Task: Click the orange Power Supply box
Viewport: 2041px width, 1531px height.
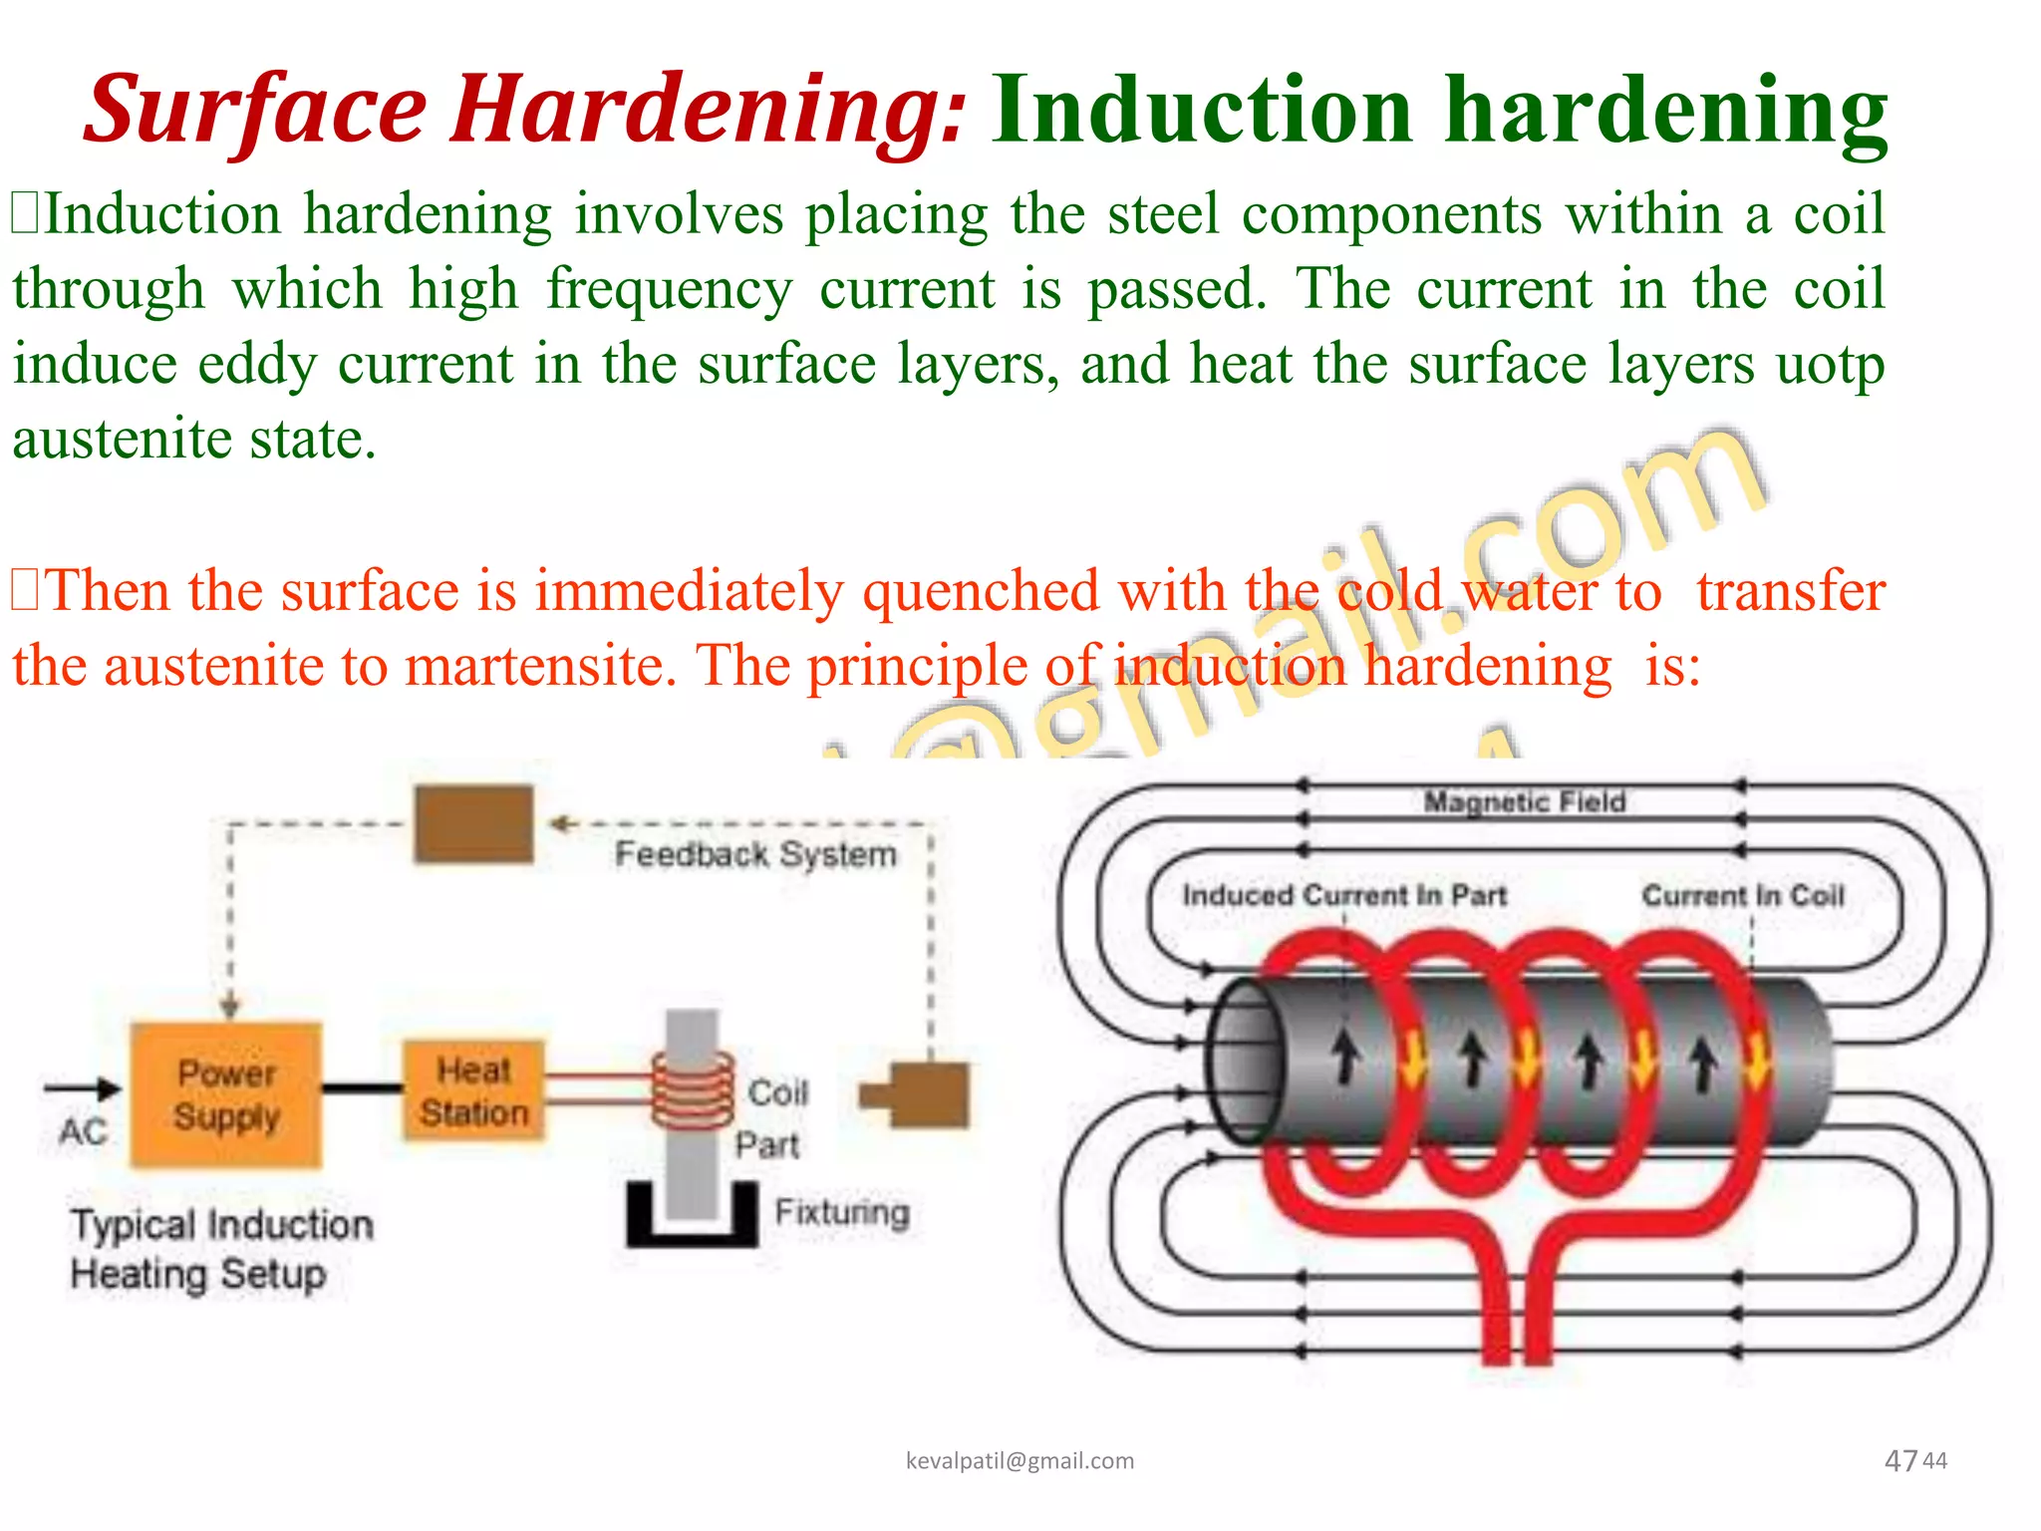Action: pos(226,1094)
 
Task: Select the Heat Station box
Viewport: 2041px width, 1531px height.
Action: pos(473,1090)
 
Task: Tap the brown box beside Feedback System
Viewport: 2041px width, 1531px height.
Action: pos(473,824)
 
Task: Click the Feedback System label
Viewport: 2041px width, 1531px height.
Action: pos(755,854)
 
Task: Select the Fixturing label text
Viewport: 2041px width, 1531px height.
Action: pos(842,1212)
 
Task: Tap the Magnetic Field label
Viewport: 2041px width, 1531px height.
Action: pos(1524,801)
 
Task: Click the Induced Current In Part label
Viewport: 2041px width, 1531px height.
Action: pos(1343,895)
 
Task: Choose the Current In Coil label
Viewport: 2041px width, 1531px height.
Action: pos(1743,895)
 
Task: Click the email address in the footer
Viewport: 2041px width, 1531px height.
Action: pos(1020,1461)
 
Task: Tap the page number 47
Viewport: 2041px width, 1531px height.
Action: pos(1900,1461)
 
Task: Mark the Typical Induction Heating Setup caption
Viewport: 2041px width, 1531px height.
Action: pos(221,1249)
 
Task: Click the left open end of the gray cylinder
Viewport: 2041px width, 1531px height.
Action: pos(1244,1061)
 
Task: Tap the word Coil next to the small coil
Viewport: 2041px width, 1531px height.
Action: pos(777,1092)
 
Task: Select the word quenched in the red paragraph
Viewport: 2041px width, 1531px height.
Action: pos(981,591)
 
